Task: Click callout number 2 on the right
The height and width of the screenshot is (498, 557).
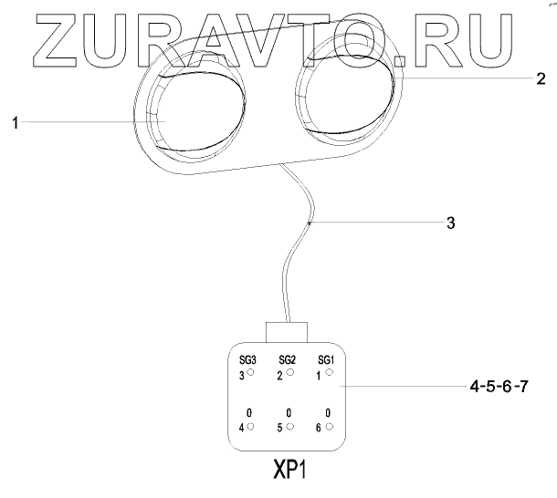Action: [x=541, y=78]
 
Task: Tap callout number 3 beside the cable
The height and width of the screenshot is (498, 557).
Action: [x=449, y=222]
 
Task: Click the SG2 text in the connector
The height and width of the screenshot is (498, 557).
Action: [x=287, y=359]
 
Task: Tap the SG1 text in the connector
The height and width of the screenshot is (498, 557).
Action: [x=327, y=359]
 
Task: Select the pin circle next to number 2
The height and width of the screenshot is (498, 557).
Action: [x=290, y=373]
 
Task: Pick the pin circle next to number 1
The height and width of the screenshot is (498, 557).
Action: [x=331, y=373]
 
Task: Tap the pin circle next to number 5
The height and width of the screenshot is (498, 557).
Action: [x=290, y=426]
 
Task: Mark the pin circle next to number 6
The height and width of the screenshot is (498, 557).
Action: [x=331, y=426]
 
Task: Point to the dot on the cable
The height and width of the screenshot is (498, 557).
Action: [x=310, y=222]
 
